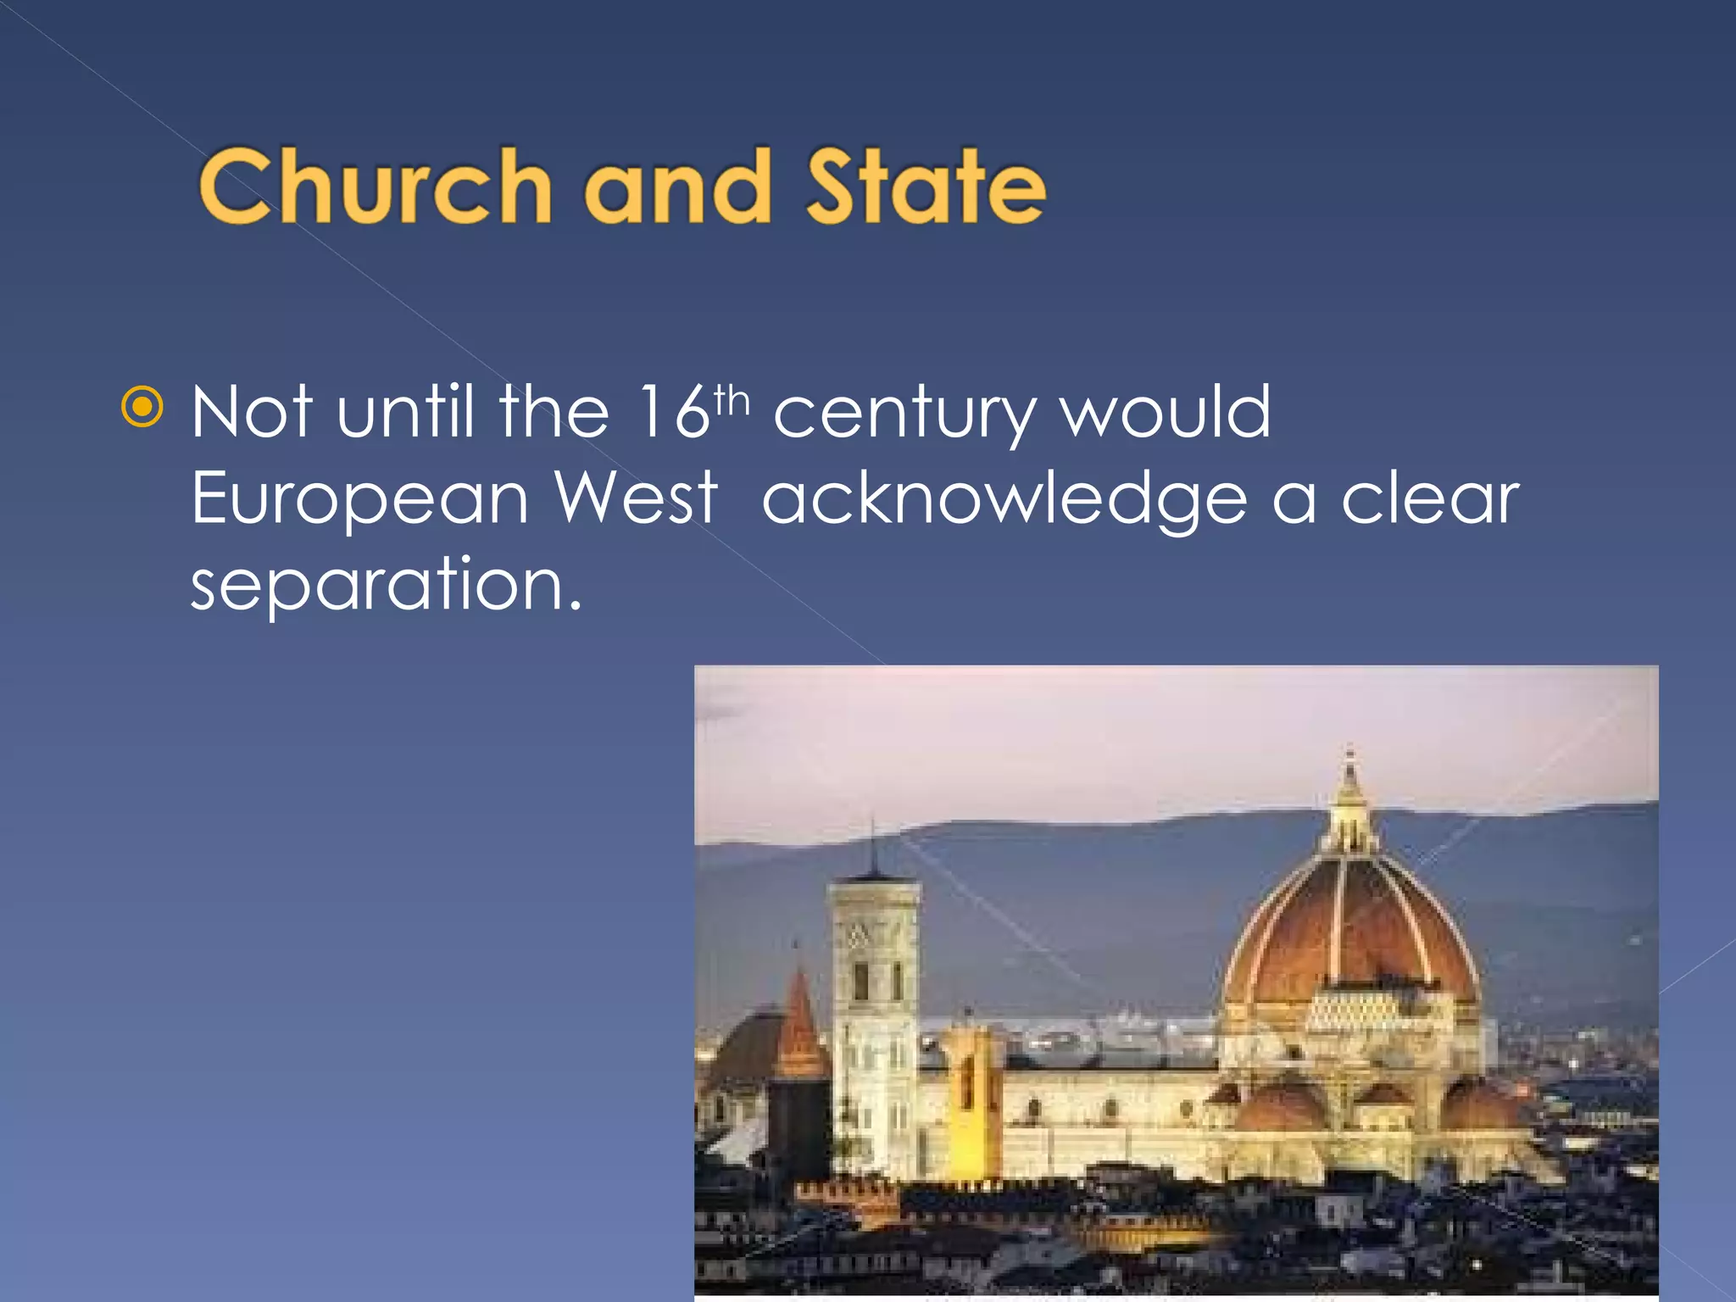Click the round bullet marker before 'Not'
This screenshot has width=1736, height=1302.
point(142,408)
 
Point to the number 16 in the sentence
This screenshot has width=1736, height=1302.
point(674,413)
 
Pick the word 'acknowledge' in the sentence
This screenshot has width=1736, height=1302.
point(1004,500)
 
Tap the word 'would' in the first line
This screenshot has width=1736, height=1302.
point(1166,413)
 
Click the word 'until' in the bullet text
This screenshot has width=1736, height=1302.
point(405,413)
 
